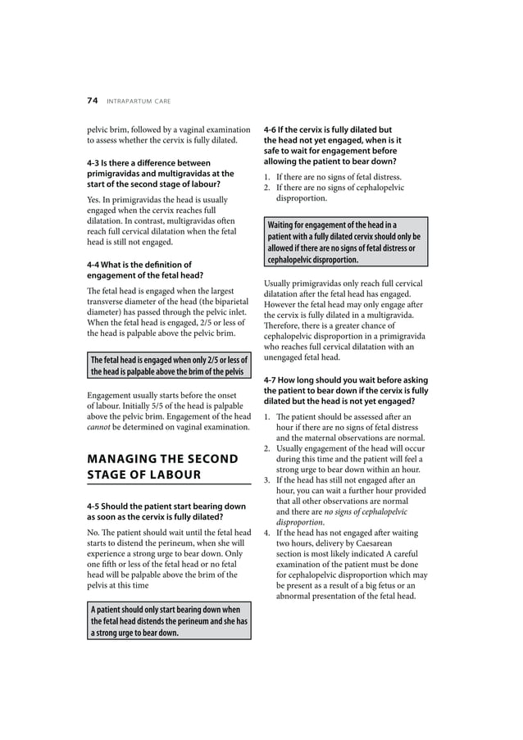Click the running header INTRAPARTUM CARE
point(138,102)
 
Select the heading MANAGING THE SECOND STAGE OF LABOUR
point(162,466)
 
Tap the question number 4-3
point(95,164)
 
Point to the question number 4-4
point(95,265)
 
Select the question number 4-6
point(272,129)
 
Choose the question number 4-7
point(272,379)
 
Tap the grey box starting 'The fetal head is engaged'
point(168,365)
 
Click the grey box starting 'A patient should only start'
point(168,621)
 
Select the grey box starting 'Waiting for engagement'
point(345,242)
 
